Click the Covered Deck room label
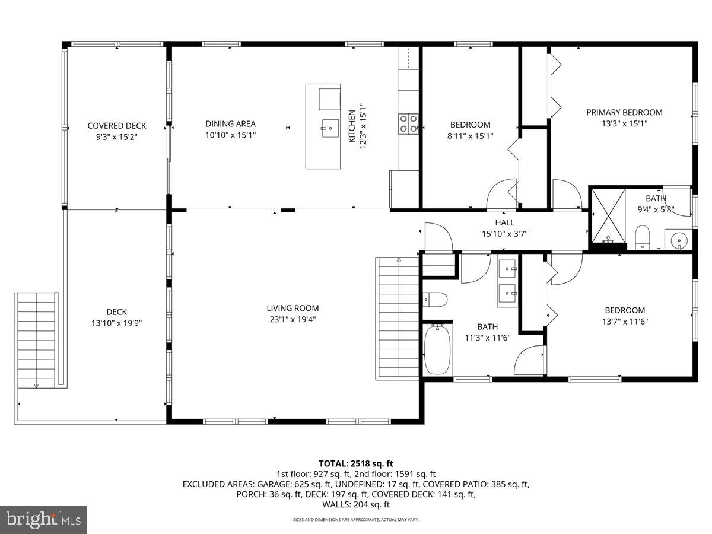pos(116,126)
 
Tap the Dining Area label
pos(230,124)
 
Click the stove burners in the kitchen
pos(408,123)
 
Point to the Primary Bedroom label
pos(624,112)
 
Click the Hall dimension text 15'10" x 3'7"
pos(504,233)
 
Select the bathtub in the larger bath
pos(438,350)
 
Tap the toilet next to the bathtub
pos(436,300)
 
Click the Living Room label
pos(293,308)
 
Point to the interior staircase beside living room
pos(398,319)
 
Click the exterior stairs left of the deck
pos(37,341)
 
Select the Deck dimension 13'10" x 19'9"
pos(117,323)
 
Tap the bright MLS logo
pos(43,519)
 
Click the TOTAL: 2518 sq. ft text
pos(356,463)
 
